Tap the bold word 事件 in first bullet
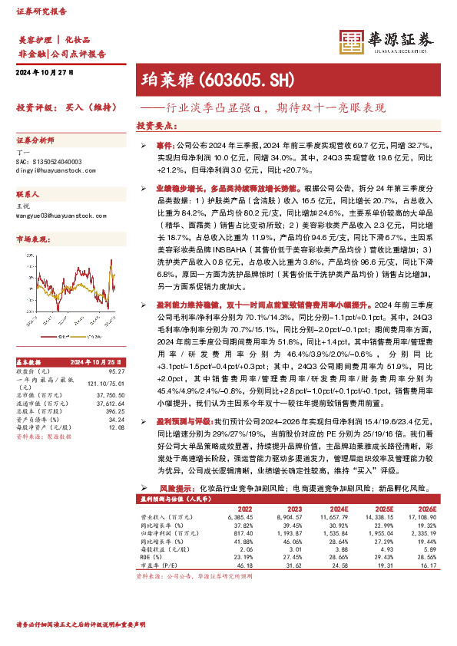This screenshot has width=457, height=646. pyautogui.click(x=164, y=144)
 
